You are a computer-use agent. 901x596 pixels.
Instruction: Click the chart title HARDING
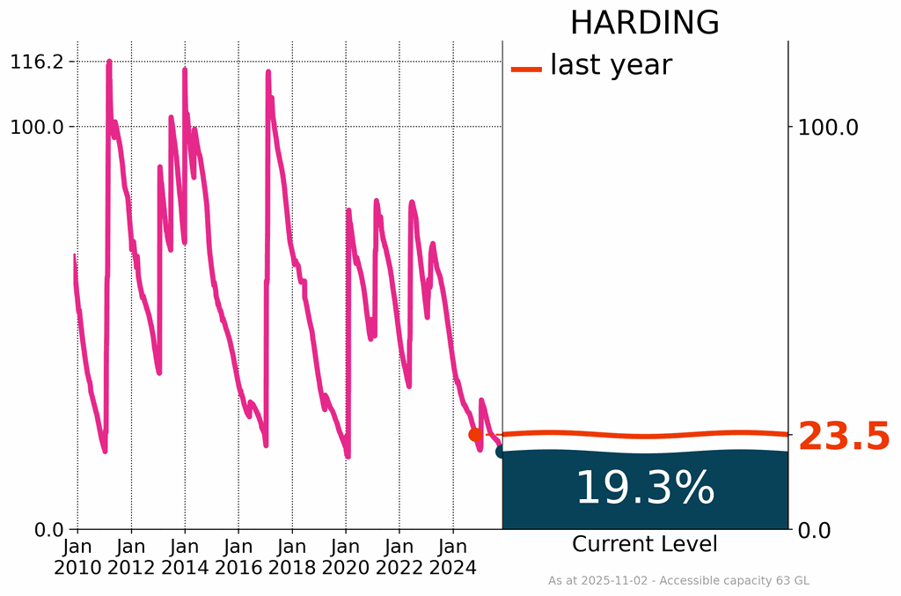pos(644,23)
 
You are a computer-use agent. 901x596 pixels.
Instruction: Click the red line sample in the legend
pos(526,69)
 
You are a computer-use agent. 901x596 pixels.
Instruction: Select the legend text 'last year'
pos(611,64)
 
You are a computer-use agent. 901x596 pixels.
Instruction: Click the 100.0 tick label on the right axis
pos(827,127)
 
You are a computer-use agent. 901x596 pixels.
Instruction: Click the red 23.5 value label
pos(844,437)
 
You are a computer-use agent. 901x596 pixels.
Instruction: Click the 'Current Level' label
pos(644,544)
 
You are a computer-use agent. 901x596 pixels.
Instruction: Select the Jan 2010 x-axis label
pos(77,556)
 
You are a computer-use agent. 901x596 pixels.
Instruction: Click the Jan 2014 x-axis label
pos(185,556)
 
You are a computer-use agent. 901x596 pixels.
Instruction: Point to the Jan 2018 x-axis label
pos(292,556)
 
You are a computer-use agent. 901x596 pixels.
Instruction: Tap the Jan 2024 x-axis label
pos(453,556)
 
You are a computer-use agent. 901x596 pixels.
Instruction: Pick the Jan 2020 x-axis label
pos(346,556)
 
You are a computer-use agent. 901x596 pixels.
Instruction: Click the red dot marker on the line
pos(475,434)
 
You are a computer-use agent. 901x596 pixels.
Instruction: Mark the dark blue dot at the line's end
pos(502,452)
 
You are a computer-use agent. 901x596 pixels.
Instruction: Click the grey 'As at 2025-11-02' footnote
pos(678,581)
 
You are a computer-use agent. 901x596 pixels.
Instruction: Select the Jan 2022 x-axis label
pos(399,556)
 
